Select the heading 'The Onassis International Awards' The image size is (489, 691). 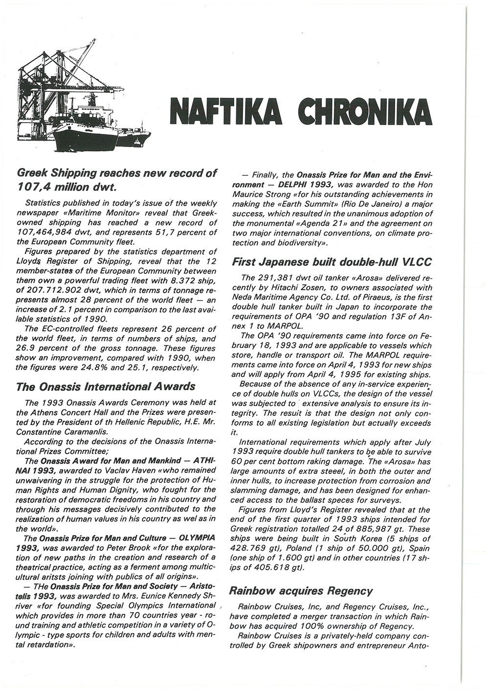pos(106,387)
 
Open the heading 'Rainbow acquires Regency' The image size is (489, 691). pos(301,591)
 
